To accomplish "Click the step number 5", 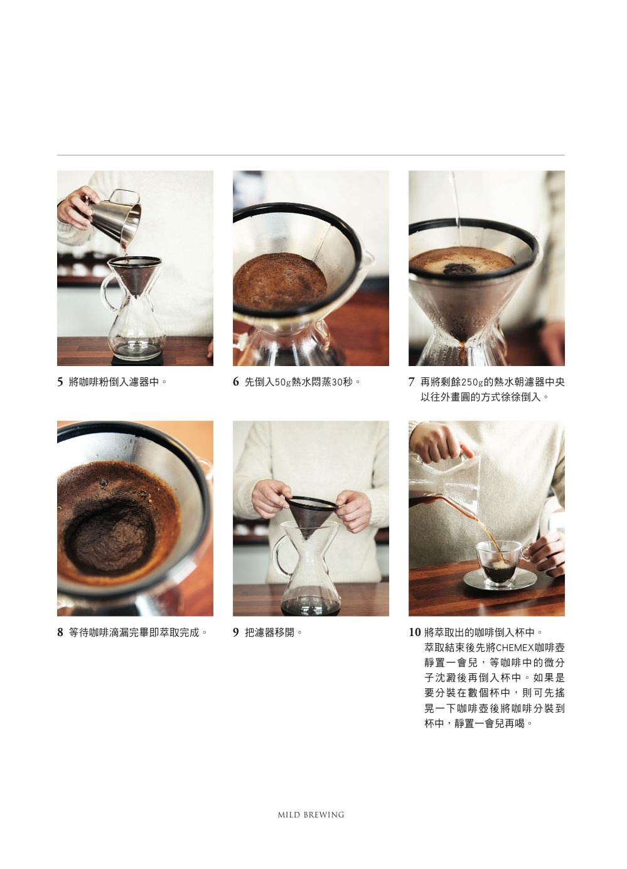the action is [60, 382].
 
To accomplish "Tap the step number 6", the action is [236, 382].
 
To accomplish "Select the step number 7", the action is [411, 382].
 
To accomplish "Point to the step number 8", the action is [60, 633].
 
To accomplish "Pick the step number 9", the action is [236, 633].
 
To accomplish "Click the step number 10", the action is [414, 633].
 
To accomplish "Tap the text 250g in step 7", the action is [472, 382].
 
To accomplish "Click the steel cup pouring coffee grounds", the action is [114, 218].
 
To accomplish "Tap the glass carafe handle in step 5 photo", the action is [107, 292].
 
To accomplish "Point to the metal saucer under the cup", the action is [500, 580].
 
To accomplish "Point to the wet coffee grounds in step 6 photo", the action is [280, 281].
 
